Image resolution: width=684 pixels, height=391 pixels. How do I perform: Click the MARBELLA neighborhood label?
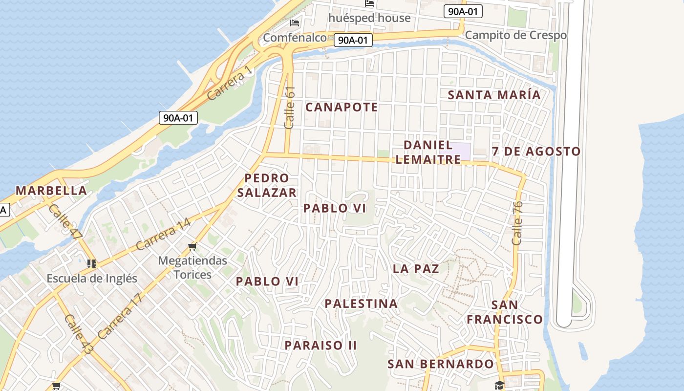[51, 191]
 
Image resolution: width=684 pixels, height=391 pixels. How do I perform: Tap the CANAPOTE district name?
[342, 107]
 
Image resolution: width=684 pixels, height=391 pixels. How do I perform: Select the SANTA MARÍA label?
[494, 95]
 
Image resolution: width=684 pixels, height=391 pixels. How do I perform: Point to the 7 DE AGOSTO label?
[536, 152]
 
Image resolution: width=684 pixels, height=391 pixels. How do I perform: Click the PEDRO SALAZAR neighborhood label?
[267, 185]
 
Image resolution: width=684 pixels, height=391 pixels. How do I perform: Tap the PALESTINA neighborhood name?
[361, 304]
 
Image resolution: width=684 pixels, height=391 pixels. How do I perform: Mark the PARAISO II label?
[321, 346]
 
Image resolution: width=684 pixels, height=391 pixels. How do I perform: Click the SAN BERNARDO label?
[440, 364]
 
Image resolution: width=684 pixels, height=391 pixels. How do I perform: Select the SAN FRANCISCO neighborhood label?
[504, 312]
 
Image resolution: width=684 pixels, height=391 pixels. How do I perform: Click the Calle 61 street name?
[290, 108]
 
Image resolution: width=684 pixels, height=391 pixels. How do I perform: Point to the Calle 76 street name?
[517, 223]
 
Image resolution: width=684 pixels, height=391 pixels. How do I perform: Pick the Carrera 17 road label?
[119, 317]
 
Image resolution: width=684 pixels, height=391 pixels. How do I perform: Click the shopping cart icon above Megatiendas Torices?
[192, 246]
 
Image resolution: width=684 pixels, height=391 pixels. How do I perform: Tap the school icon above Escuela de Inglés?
[91, 264]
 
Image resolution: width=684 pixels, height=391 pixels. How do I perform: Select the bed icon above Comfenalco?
[295, 22]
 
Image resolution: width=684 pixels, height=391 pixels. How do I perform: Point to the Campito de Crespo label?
[515, 35]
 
